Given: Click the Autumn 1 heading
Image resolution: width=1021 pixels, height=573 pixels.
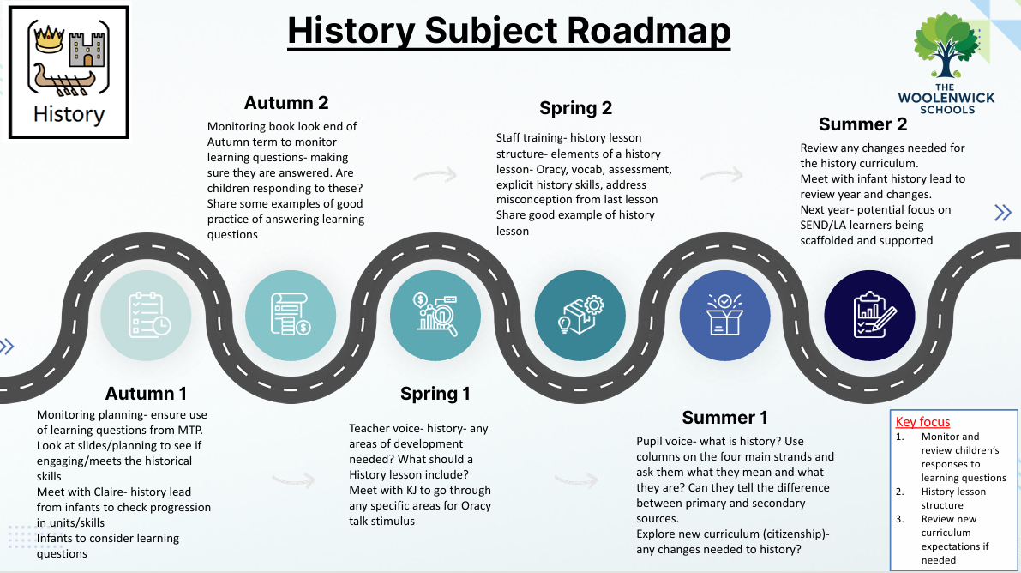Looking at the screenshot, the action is pyautogui.click(x=146, y=394).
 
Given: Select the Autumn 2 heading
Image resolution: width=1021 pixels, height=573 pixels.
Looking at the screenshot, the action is pyautogui.click(x=285, y=103).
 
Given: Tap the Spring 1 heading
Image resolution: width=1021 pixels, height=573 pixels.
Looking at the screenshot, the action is pyautogui.click(x=435, y=394).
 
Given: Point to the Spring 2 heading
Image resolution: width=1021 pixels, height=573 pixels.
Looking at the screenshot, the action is pyautogui.click(x=575, y=108).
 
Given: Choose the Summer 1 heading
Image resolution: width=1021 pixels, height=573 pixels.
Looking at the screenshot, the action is pyautogui.click(x=724, y=417).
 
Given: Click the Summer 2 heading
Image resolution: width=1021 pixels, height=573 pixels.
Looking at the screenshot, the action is pyautogui.click(x=862, y=124).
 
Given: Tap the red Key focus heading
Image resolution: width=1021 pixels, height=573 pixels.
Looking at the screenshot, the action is pyautogui.click(x=922, y=422).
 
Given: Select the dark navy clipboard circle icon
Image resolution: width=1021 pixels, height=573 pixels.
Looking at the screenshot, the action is pyautogui.click(x=869, y=316).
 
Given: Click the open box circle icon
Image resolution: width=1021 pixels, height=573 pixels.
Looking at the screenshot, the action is pyautogui.click(x=724, y=316).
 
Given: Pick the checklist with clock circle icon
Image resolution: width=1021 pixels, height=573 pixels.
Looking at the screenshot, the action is pyautogui.click(x=146, y=316).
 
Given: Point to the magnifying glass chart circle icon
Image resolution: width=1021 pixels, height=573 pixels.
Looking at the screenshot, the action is pyautogui.click(x=435, y=316).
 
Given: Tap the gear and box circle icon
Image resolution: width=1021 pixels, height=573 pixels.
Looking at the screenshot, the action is pyautogui.click(x=580, y=316).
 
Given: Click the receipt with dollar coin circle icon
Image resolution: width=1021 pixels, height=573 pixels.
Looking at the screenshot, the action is pyautogui.click(x=291, y=316).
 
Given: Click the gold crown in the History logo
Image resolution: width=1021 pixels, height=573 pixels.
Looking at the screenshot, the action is pyautogui.click(x=49, y=39).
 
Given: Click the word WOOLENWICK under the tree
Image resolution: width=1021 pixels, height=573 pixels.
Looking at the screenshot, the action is pyautogui.click(x=946, y=99).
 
